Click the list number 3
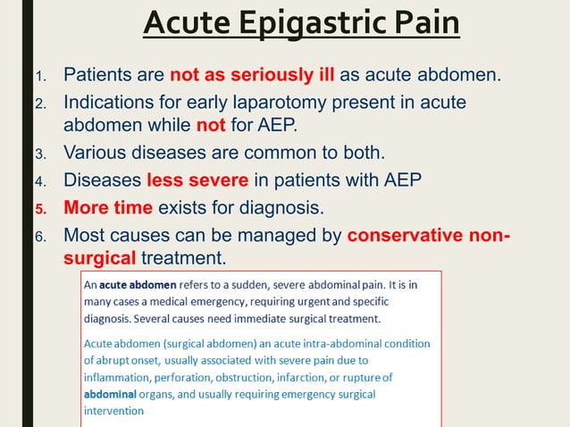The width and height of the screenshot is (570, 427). click(x=39, y=154)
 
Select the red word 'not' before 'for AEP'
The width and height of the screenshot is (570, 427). click(x=210, y=125)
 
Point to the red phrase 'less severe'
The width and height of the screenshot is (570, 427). click(x=197, y=181)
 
